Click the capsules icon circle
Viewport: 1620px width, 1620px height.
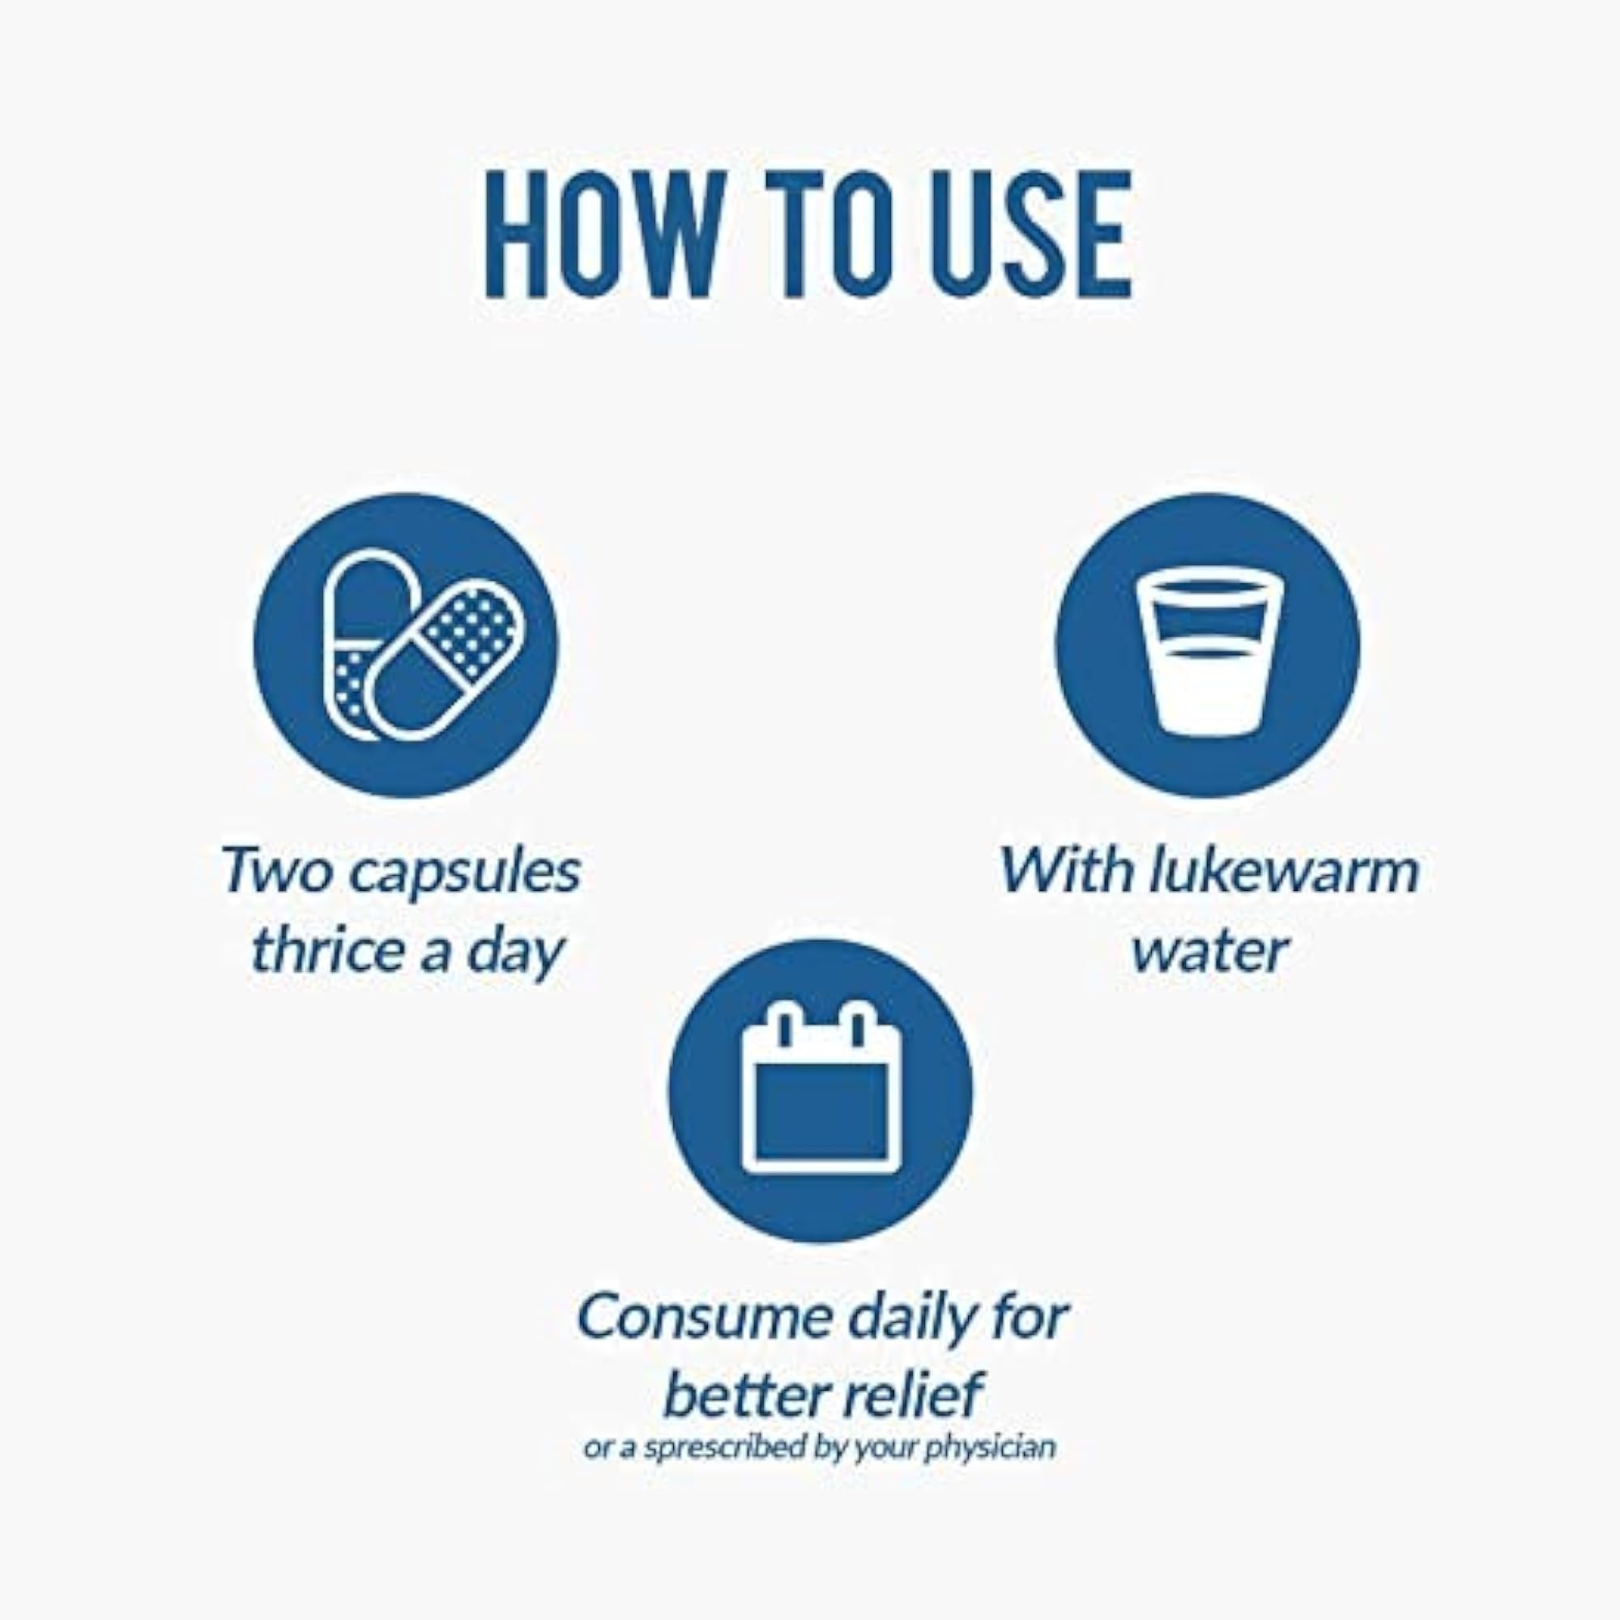pyautogui.click(x=406, y=645)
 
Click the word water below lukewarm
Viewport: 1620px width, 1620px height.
pyautogui.click(x=1210, y=953)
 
